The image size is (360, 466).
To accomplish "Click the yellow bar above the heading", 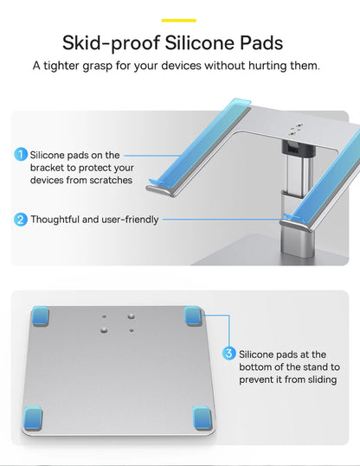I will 179,20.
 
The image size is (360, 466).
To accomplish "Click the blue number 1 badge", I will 21,155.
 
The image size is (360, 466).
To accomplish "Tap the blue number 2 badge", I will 21,220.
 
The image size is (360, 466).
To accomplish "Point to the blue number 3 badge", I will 229,354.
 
